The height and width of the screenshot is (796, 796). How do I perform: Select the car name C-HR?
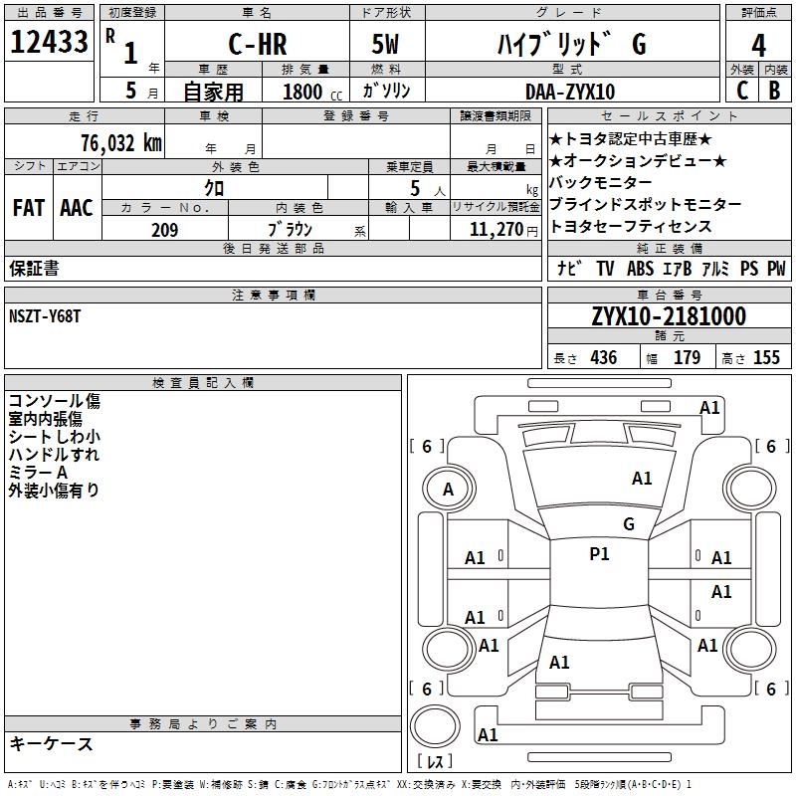pyautogui.click(x=256, y=45)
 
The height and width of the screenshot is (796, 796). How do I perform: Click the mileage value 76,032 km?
pyautogui.click(x=119, y=141)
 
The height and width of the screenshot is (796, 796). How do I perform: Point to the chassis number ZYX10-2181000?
pyautogui.click(x=669, y=316)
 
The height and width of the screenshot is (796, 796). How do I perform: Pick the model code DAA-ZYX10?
pyautogui.click(x=570, y=92)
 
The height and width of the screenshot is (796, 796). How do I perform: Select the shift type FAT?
pyautogui.click(x=28, y=208)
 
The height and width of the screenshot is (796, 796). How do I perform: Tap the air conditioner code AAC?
pyautogui.click(x=77, y=208)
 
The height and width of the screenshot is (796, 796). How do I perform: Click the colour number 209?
pyautogui.click(x=164, y=230)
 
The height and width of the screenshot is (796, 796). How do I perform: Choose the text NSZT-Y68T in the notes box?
pyautogui.click(x=45, y=316)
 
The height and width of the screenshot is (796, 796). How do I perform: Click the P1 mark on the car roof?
pyautogui.click(x=599, y=554)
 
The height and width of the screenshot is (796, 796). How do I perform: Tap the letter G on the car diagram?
pyautogui.click(x=628, y=523)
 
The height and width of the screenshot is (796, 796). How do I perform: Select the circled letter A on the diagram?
pyautogui.click(x=448, y=489)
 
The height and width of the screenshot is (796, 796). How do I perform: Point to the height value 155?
pyautogui.click(x=766, y=357)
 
